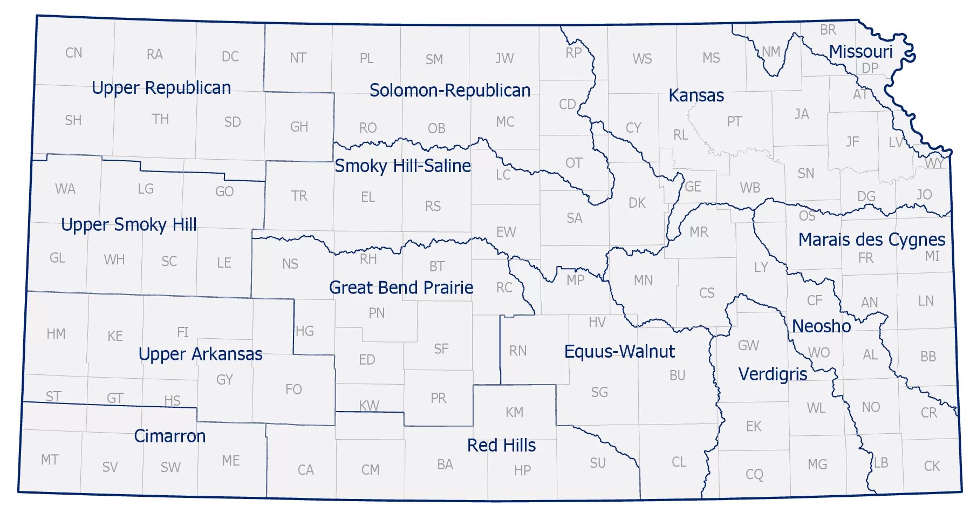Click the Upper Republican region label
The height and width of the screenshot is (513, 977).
[x=161, y=88]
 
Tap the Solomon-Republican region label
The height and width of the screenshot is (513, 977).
[x=450, y=91]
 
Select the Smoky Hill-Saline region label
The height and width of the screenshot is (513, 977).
[x=402, y=166]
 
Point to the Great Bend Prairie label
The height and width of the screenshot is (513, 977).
[x=401, y=288]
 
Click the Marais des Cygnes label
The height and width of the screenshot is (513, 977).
[x=871, y=240]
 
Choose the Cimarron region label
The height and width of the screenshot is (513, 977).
[x=169, y=436]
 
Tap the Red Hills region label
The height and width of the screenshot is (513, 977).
[x=501, y=446]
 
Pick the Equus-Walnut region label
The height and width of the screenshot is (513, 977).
[x=619, y=352]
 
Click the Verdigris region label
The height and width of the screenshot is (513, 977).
[x=773, y=374]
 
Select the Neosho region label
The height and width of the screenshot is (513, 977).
[x=821, y=326]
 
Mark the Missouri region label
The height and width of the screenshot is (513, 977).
[x=860, y=52]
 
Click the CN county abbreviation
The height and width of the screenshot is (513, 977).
[x=74, y=53]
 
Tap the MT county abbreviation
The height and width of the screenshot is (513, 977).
[x=50, y=460]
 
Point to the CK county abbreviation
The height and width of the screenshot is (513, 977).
[x=932, y=466]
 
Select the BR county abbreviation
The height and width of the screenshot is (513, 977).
[x=828, y=30]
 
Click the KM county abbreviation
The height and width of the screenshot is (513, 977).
[x=514, y=413]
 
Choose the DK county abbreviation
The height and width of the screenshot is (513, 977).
[x=637, y=203]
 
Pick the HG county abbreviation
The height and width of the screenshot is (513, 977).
[x=305, y=331]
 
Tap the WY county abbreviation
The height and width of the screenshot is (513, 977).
[x=934, y=163]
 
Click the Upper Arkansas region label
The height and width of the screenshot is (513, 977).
[x=200, y=354]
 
